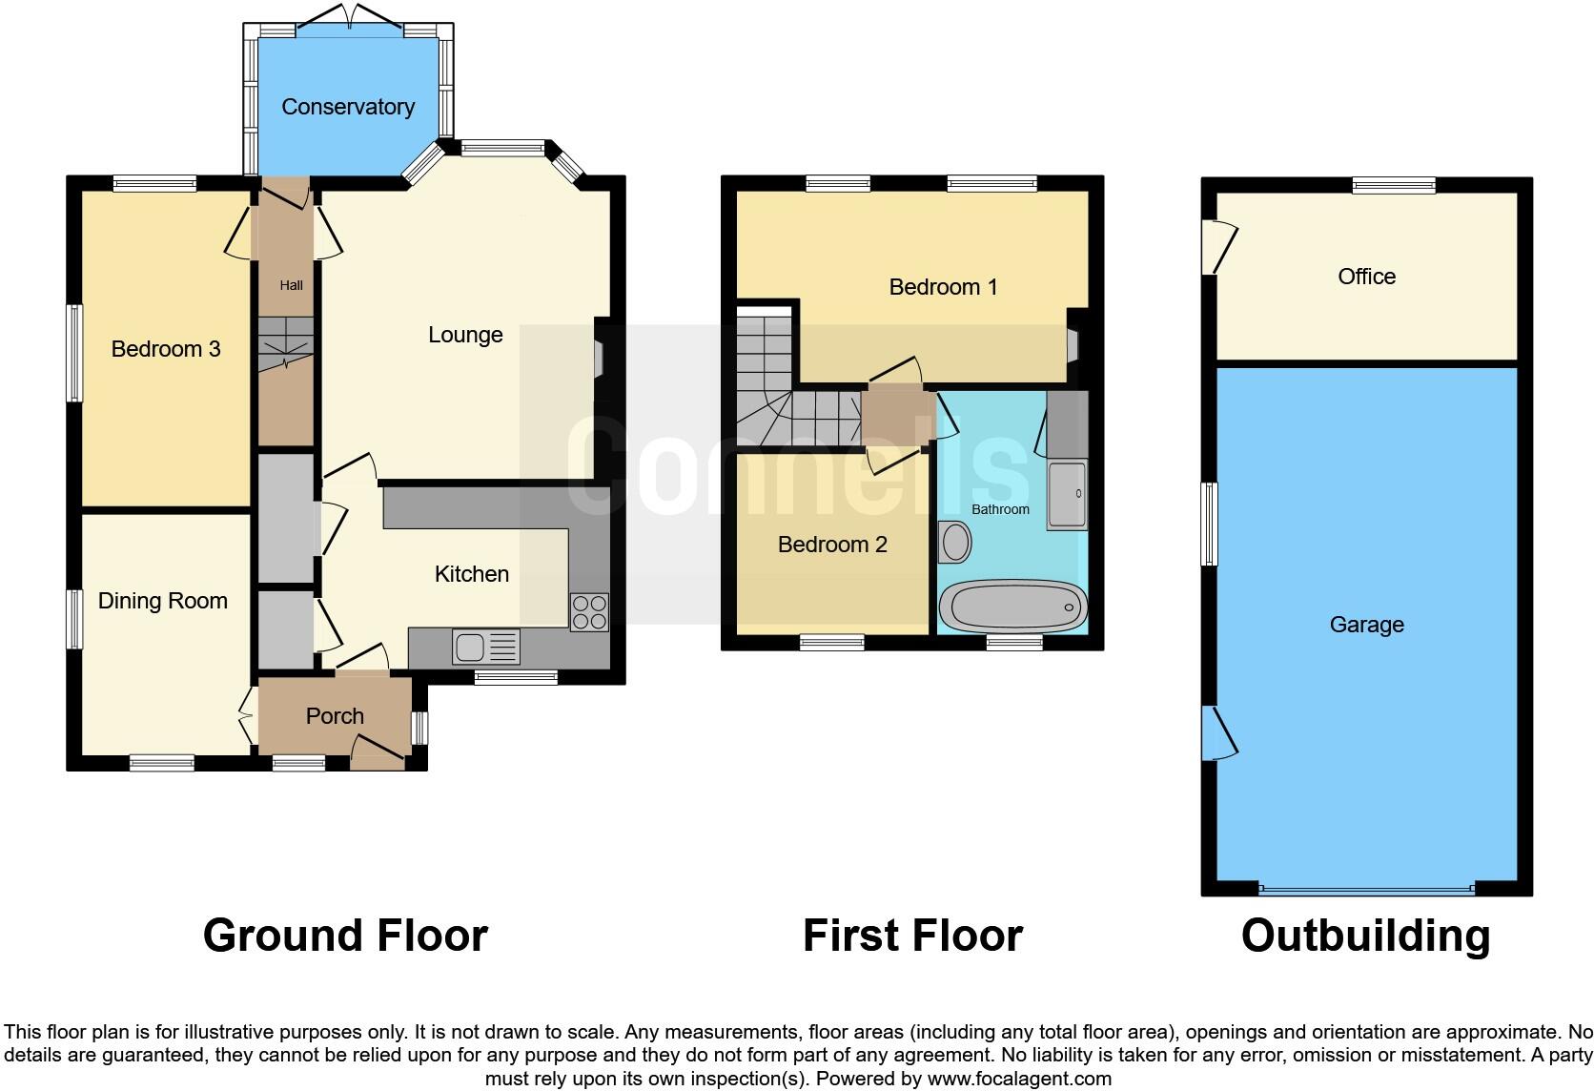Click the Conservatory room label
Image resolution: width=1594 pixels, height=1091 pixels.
348,106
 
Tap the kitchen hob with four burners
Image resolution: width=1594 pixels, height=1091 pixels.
589,612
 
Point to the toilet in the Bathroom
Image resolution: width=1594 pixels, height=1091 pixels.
954,543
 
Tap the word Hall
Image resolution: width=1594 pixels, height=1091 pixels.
291,285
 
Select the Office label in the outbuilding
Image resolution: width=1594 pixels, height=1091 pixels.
1366,277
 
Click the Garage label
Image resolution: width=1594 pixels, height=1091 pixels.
1366,625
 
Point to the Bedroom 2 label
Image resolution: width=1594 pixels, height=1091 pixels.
832,545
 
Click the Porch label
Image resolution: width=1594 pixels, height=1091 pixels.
335,716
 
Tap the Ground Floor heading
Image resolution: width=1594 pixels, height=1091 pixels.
345,936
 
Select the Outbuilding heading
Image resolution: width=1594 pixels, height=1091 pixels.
1365,936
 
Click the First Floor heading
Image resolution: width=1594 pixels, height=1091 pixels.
912,936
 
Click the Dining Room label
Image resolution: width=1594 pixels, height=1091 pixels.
163,601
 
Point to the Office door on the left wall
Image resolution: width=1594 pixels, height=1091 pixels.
1219,246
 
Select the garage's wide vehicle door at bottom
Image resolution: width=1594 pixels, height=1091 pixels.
1365,889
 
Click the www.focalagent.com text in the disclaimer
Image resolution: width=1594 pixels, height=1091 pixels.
1019,1080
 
